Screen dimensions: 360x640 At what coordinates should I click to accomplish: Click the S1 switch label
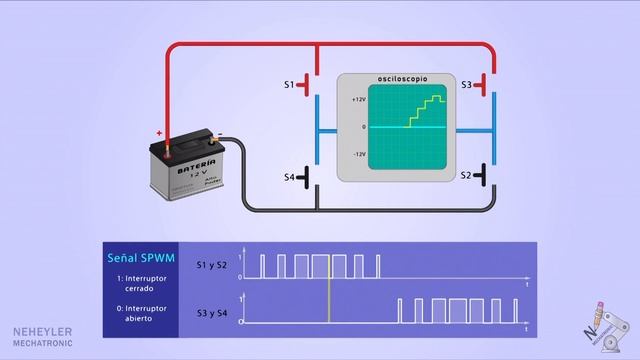(x=289, y=86)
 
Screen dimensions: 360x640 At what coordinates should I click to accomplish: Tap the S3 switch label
(x=467, y=86)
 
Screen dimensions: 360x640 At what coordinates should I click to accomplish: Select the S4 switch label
(x=289, y=177)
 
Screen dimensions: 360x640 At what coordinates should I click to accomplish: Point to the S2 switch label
(x=467, y=175)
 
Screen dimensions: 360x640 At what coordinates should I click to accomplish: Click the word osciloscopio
(x=396, y=77)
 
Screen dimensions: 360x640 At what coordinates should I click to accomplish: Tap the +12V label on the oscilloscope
(x=360, y=100)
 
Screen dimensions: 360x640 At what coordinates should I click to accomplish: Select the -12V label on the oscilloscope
(x=360, y=155)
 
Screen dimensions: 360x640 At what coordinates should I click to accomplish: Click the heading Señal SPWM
(x=141, y=258)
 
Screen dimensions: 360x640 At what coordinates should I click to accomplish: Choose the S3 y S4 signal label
(x=212, y=312)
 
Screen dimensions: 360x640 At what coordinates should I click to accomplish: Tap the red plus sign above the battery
(x=158, y=132)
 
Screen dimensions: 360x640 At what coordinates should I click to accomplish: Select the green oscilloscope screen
(x=409, y=128)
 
